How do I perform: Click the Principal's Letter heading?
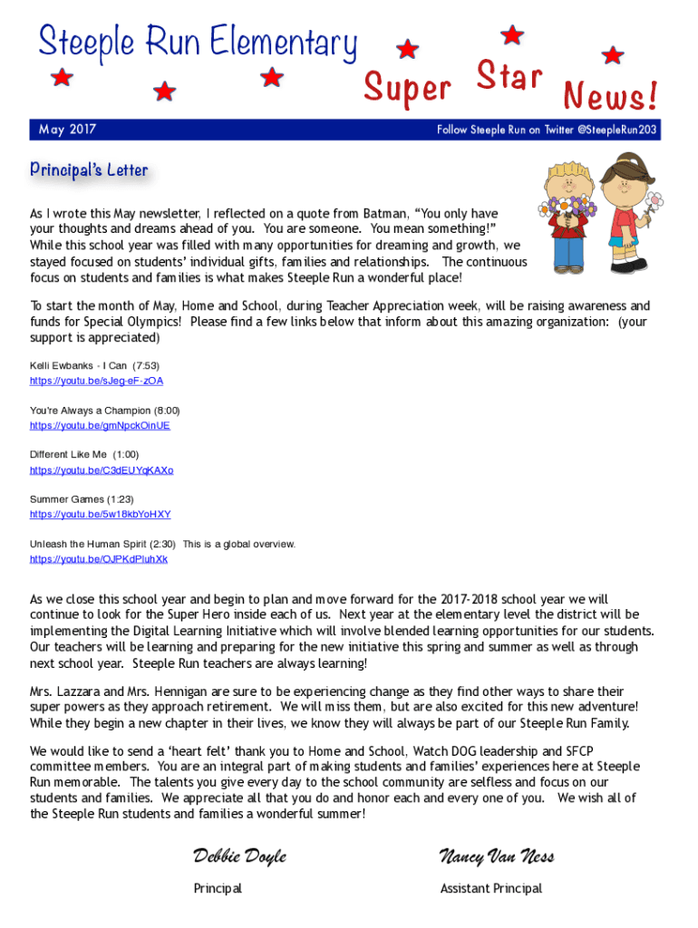tap(88, 169)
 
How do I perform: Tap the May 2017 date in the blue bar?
tap(67, 130)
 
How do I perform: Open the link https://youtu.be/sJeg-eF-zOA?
tap(96, 382)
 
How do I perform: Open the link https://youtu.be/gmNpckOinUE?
tap(100, 426)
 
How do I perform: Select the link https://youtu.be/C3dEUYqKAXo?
tap(102, 470)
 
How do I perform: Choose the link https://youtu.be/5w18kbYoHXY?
tap(100, 515)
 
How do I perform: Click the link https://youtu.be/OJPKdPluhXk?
tap(98, 559)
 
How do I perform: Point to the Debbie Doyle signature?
tap(239, 856)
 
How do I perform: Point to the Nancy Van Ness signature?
tap(497, 856)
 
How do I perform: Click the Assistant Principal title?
tap(490, 888)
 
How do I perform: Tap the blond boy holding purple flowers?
tap(566, 214)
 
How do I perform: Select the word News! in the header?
tap(610, 93)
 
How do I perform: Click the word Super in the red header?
tap(407, 88)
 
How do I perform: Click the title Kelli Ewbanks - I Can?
tap(79, 365)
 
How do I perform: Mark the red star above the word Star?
tap(512, 35)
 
